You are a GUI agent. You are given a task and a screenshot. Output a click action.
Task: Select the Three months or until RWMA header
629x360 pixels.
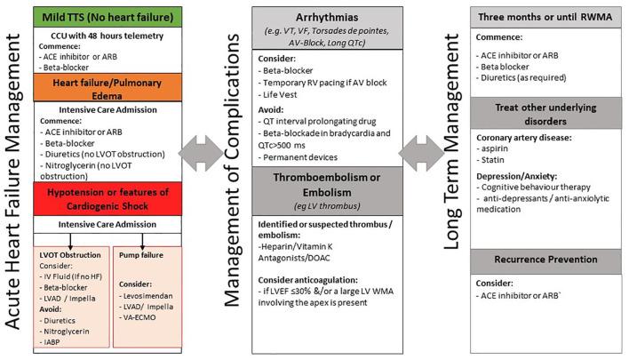pos(542,16)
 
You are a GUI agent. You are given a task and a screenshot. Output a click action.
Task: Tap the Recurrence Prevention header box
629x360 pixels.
pos(542,257)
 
